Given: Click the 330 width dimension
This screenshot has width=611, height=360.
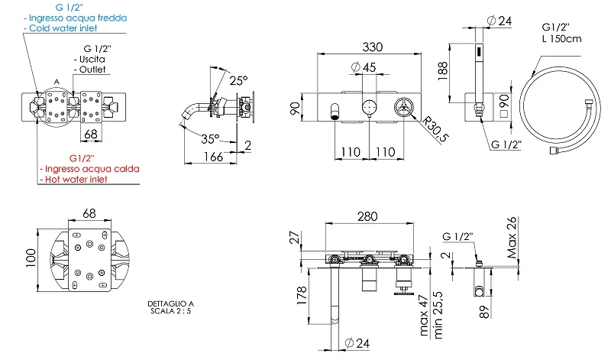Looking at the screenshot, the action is tap(372, 47).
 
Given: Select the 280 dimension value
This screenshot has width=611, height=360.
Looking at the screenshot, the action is tap(367, 216).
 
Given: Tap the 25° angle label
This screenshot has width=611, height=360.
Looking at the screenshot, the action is tap(238, 81).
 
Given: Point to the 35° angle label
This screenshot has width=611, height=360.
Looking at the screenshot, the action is tap(210, 139).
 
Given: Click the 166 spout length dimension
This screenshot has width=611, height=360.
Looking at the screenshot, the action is tap(214, 157).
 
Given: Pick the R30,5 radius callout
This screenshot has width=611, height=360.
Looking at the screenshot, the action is tap(435, 129).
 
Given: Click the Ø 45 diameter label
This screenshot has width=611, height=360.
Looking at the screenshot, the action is tap(364, 67).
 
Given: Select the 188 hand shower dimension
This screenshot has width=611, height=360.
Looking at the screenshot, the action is tap(443, 71).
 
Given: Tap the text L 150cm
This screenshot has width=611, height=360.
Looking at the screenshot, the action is tap(561, 39).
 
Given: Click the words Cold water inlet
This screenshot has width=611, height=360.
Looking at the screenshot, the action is tap(63, 28).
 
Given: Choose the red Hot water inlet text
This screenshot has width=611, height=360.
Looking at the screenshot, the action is tap(76, 180).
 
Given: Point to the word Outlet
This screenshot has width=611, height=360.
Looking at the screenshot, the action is tap(92, 70).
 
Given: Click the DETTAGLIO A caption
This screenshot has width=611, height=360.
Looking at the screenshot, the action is tap(170, 303).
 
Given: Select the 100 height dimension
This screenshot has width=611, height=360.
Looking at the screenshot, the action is tap(31, 258).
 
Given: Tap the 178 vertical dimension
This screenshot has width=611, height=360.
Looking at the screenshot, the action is tap(302, 296).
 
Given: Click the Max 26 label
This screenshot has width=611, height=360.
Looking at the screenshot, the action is tap(512, 238).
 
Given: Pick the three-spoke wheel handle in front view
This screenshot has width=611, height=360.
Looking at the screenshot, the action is tap(404, 107).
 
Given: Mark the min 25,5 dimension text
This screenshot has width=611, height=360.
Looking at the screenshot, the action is tap(438, 315).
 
